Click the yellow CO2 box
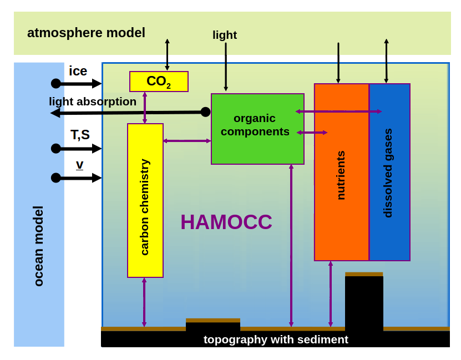[159, 82]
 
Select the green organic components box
[257, 129]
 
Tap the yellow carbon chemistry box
[145, 200]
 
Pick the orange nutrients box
[341, 172]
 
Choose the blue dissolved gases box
[389, 172]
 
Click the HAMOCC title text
[226, 222]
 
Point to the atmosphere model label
[86, 33]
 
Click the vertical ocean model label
[38, 246]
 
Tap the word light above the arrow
[225, 35]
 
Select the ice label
[78, 71]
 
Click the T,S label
[80, 135]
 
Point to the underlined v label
[80, 164]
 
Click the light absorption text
[93, 102]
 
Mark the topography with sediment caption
[276, 339]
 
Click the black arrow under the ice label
[78, 84]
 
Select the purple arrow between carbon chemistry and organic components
[187, 141]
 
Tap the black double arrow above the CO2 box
[167, 54]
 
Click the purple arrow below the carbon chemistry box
[144, 302]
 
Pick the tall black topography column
[364, 302]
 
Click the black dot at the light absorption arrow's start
[205, 112]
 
